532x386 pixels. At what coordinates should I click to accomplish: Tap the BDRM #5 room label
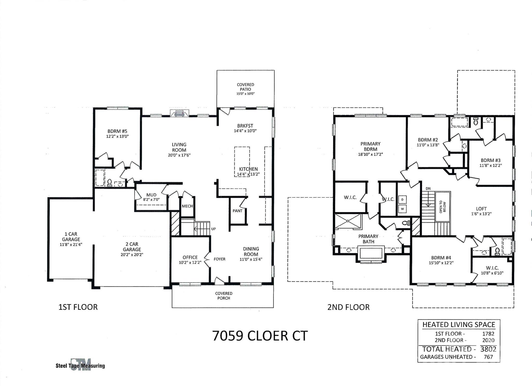pos(117,131)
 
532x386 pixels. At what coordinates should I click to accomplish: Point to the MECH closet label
pos(187,206)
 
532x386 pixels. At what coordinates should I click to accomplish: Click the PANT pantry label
pos(237,211)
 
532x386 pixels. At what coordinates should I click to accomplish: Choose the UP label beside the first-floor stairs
pos(213,229)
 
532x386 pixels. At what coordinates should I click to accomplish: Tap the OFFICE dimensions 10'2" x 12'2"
pos(190,263)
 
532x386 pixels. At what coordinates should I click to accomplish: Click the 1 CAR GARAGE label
pos(71,237)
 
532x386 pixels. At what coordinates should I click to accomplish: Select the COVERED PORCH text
pos(224,296)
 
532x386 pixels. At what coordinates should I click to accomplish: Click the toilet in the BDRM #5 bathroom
pos(109,183)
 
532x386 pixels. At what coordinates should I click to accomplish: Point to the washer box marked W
pos(402,209)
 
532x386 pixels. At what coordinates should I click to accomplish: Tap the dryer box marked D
pos(402,199)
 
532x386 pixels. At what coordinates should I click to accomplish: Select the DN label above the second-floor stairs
pos(428,189)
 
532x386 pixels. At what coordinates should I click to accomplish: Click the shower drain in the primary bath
pos(348,221)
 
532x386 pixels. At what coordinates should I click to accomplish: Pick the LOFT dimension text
pos(481,214)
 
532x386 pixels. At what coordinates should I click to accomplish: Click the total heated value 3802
pos(488,349)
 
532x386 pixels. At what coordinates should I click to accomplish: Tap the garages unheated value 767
pos(488,357)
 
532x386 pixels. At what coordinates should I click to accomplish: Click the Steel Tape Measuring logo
pos(80,365)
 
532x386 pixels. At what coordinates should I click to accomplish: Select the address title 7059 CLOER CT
pos(260,336)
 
